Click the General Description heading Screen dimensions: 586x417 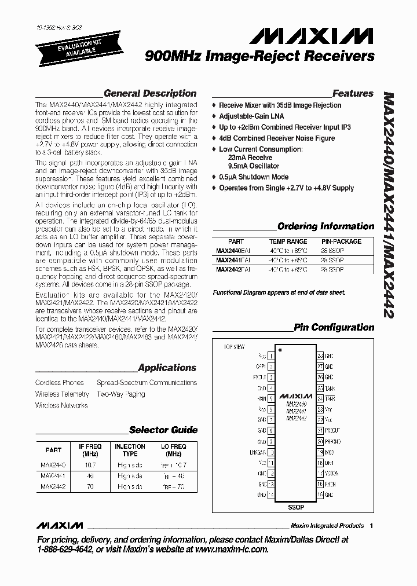149,93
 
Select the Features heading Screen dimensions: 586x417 353,93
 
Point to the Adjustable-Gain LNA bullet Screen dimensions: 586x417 252,116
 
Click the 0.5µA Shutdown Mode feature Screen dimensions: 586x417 254,177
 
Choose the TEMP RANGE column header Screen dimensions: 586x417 288,241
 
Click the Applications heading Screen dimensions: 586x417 167,368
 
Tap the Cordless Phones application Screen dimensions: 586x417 60,383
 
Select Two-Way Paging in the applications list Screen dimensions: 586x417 121,394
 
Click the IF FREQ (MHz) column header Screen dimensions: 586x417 90,450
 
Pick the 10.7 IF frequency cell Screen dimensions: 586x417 90,464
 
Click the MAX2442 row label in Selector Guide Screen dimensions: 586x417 53,487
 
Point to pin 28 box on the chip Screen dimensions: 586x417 320,356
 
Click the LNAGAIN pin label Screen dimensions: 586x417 257,452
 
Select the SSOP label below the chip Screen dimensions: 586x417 295,507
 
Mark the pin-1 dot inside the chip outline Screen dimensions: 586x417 281,351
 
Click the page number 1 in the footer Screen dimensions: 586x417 371,526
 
